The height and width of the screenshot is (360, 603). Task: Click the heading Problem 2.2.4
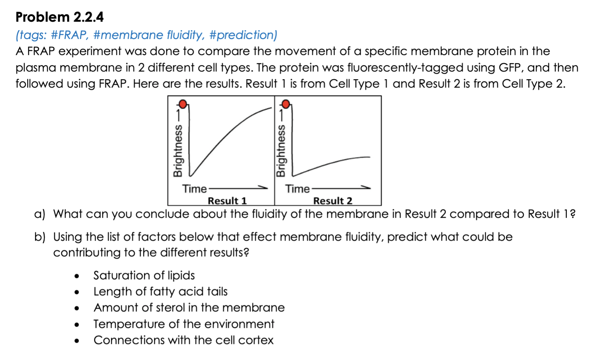(59, 17)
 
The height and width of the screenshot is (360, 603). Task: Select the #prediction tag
(243, 35)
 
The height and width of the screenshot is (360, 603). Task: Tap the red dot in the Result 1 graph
(183, 104)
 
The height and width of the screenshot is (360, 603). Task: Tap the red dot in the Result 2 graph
(286, 104)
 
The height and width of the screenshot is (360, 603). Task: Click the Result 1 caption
(227, 200)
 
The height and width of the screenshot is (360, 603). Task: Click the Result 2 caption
(332, 200)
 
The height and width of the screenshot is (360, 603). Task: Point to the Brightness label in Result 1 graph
(177, 151)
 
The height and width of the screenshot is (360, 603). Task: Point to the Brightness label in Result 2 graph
(281, 151)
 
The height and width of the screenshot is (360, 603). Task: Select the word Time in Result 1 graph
(194, 188)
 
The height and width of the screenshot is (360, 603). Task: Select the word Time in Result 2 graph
(297, 188)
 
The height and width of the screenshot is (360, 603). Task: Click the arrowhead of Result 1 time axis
(264, 187)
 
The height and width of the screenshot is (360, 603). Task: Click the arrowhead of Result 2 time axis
(367, 187)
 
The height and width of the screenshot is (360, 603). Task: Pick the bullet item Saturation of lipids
(144, 275)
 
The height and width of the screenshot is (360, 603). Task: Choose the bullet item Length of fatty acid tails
(160, 291)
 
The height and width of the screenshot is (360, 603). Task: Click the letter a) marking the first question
(39, 214)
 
